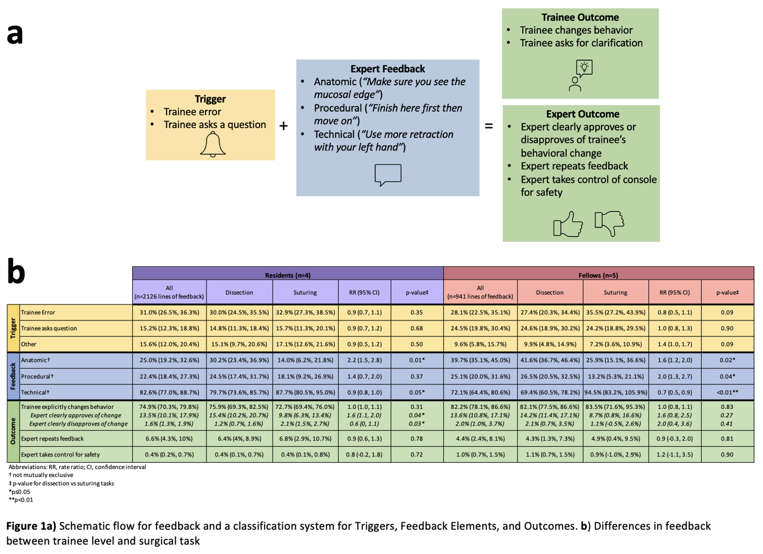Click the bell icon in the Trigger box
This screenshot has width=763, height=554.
[212, 144]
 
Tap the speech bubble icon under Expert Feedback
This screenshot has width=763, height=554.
[388, 175]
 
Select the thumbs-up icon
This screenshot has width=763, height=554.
[568, 224]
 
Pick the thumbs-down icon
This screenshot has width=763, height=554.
[609, 223]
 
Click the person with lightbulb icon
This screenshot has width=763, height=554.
[580, 76]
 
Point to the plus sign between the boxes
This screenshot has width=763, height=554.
[283, 126]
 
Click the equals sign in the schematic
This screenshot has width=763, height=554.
[489, 126]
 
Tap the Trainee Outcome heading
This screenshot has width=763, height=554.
[580, 18]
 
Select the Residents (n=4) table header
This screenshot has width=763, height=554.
[287, 275]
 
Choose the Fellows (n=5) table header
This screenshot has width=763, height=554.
[598, 275]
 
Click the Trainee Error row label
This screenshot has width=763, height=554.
[38, 312]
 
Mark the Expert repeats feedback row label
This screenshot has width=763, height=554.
[53, 439]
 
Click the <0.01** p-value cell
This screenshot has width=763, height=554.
[727, 392]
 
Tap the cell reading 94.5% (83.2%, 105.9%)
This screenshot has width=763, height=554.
[616, 392]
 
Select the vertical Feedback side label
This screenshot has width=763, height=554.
[13, 376]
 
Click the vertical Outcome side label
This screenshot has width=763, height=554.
[13, 431]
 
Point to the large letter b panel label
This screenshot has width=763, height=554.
[16, 272]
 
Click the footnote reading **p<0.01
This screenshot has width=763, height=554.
[21, 500]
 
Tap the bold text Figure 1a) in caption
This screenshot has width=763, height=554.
[31, 526]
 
